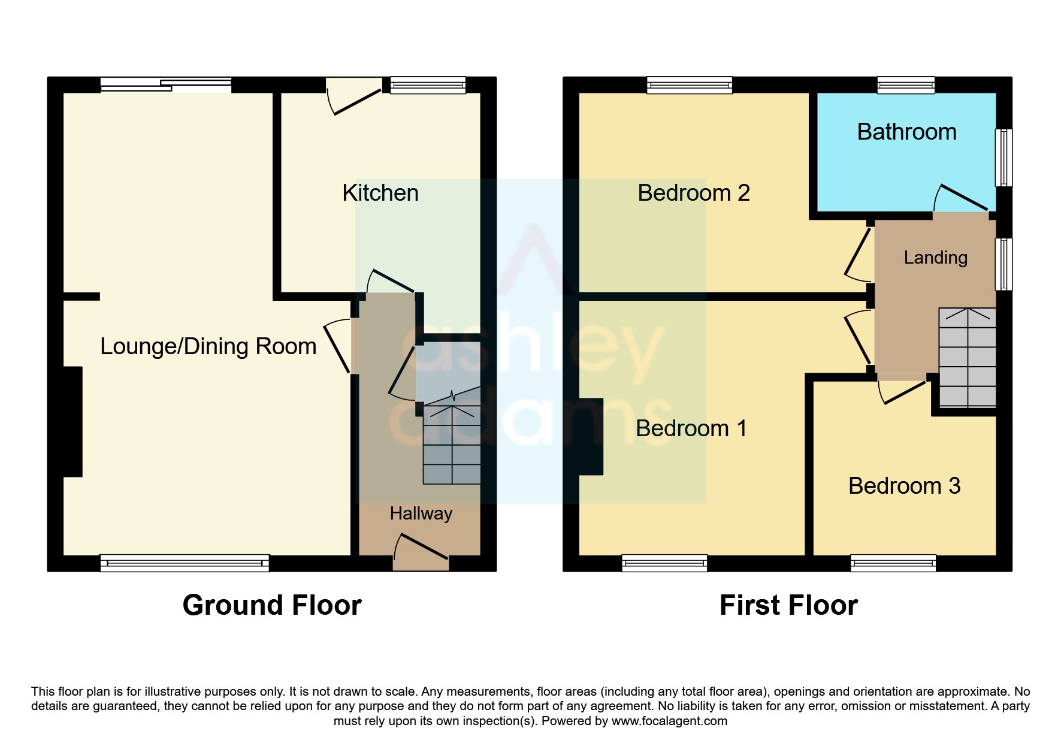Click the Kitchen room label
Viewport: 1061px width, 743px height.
(380, 193)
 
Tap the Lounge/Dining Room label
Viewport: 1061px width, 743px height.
(208, 346)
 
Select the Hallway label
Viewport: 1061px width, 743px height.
(421, 514)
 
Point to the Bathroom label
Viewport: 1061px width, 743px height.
(907, 132)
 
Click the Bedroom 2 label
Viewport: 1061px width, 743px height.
(694, 193)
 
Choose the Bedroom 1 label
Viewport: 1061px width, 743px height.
(691, 428)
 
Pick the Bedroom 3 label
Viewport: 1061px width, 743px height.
(905, 486)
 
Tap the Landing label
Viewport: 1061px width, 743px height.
(936, 258)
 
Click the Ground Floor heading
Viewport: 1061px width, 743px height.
(272, 605)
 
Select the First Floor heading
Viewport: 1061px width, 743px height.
(788, 605)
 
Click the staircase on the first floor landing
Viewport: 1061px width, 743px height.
(968, 358)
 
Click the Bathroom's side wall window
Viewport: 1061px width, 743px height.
(1004, 158)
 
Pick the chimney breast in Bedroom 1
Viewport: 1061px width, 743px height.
(591, 437)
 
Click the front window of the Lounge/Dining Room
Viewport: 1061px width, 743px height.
(185, 563)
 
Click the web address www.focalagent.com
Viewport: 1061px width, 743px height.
(669, 721)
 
